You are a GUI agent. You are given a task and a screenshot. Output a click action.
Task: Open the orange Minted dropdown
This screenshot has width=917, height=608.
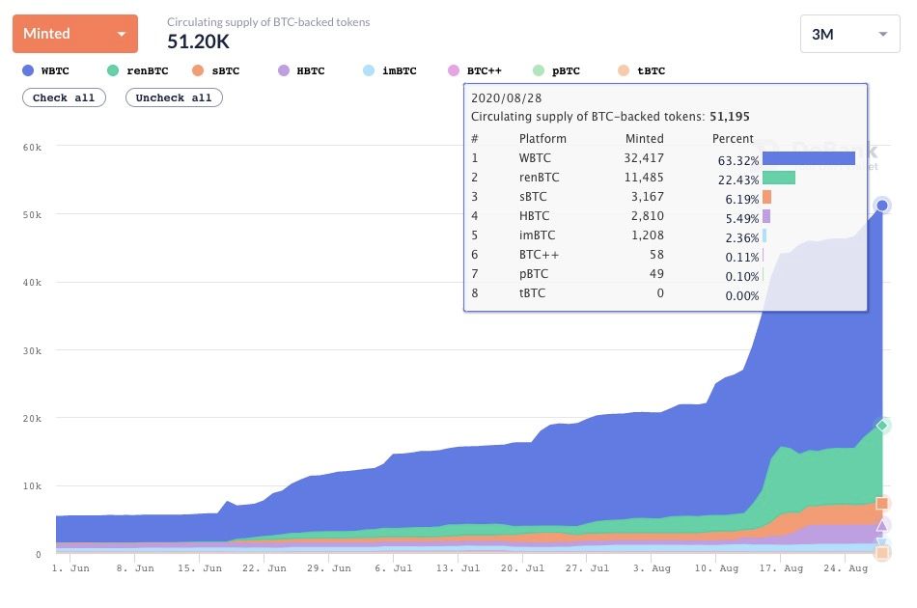[75, 34]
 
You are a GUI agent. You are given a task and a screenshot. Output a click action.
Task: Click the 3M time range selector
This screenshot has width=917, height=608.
[849, 35]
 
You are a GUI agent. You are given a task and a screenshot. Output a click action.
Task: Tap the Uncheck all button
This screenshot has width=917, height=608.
[174, 97]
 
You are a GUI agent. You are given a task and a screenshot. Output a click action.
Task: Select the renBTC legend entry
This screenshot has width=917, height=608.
[137, 70]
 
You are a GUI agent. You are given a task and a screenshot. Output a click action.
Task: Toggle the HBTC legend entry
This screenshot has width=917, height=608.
[300, 70]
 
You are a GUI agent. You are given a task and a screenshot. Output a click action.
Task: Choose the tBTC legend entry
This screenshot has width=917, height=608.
[640, 70]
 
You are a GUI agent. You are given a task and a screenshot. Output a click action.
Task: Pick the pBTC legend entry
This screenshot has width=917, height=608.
[558, 70]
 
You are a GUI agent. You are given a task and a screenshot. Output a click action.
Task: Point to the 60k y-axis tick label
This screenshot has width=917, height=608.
[32, 147]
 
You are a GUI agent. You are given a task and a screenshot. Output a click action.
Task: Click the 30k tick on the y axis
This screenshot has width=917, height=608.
[32, 351]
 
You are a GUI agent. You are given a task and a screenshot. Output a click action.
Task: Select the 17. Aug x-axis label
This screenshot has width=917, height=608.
[780, 568]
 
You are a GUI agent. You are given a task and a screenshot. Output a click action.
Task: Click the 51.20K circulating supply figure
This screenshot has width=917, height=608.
[199, 41]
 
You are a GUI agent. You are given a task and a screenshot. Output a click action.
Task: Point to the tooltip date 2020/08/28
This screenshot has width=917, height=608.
[506, 97]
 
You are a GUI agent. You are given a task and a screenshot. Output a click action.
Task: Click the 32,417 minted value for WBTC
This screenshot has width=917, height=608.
[644, 158]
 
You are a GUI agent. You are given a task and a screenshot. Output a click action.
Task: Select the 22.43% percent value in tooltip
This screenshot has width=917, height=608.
[736, 178]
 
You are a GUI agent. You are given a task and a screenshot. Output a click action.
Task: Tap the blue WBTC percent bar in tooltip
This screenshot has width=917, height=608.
[808, 158]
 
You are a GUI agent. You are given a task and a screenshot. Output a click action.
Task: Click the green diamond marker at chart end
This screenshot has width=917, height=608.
[881, 426]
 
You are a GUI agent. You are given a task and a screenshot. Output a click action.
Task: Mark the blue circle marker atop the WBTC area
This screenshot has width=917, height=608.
[881, 206]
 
